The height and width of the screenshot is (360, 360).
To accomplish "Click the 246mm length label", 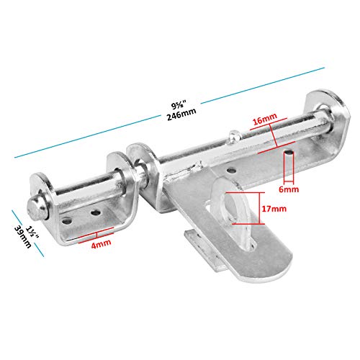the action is [x=181, y=114].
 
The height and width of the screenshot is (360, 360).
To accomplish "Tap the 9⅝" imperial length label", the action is [x=179, y=104].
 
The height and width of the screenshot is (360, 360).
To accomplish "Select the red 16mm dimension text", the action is [x=265, y=119].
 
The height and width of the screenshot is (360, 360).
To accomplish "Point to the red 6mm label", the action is [x=289, y=189].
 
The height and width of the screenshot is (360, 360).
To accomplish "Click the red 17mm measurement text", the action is [x=274, y=209].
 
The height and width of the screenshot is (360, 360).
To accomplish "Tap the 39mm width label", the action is [x=23, y=237].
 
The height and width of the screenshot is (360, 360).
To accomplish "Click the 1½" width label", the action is [x=32, y=233].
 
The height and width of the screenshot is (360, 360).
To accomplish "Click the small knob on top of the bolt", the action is [x=234, y=137].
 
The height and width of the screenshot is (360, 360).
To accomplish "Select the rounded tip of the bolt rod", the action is [x=35, y=210].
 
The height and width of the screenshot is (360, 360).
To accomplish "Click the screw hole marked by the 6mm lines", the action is [x=289, y=153].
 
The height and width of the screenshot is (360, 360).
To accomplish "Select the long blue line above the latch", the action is [x=169, y=113].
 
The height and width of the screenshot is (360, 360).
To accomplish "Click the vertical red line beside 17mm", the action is [x=259, y=208].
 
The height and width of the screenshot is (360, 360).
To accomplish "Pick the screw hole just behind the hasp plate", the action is [x=231, y=171].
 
